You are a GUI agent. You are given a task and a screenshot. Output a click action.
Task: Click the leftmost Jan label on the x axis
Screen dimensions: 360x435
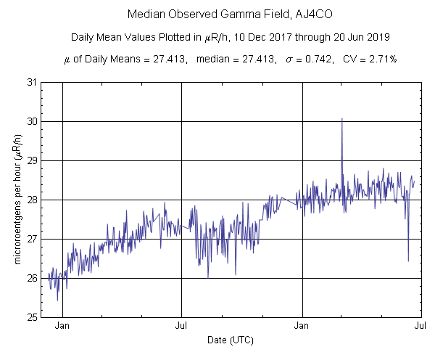63,327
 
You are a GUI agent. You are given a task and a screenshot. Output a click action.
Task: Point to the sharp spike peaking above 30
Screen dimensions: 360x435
341,120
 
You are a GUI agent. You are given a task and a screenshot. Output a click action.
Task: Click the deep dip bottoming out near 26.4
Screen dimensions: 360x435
408,260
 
